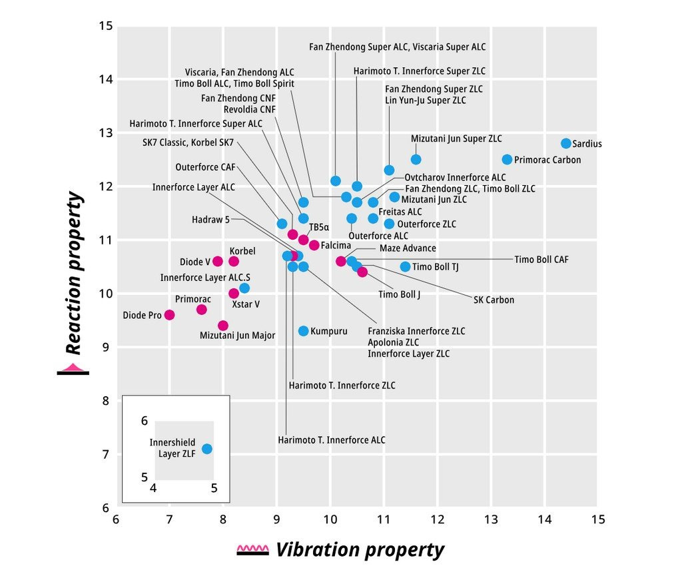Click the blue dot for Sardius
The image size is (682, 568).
point(566,143)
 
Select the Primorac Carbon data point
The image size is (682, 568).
point(507,159)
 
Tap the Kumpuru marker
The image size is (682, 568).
point(304,331)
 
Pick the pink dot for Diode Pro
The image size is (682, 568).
point(169,315)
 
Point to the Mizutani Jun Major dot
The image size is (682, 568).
point(223,326)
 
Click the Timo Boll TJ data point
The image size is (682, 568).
point(405,266)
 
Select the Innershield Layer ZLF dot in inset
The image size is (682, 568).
point(207,449)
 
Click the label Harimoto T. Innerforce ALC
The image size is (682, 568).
point(332,439)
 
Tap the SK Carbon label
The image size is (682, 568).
point(494,300)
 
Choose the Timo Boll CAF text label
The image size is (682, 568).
point(541,260)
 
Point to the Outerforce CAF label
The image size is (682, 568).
point(206,167)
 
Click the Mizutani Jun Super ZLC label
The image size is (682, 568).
point(456,139)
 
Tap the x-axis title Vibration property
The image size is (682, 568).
point(360,550)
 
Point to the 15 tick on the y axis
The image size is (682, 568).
point(105,26)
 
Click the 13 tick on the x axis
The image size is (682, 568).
point(491,519)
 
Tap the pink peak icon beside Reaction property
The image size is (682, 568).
point(73,367)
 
